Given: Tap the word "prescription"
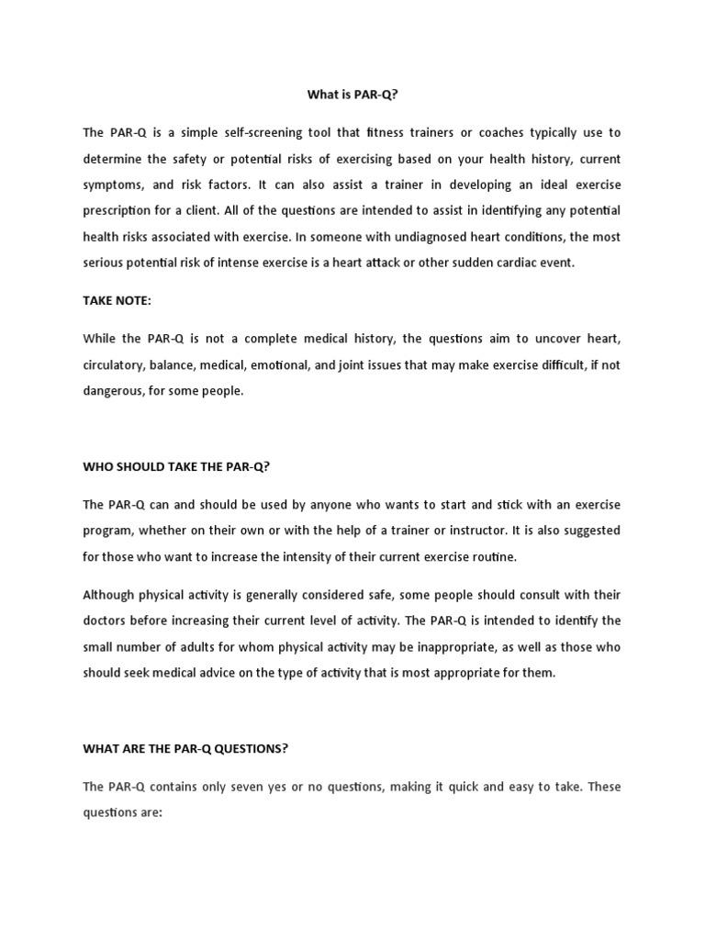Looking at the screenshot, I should click(119, 210).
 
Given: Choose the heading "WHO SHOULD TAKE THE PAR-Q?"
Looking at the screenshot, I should click(177, 466).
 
